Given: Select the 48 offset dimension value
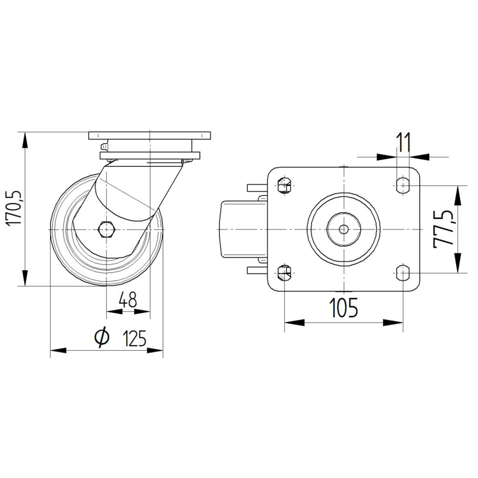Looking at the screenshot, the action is pos(128,300).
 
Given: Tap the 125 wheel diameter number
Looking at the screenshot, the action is pos(135,338).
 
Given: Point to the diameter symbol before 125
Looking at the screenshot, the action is pos(102,338).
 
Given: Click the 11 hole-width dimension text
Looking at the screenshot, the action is pos(404,142).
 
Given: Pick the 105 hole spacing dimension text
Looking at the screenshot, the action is pos(344,307).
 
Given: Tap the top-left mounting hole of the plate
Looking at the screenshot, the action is pos(284,185).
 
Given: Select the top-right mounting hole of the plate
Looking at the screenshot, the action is pos(403,185).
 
